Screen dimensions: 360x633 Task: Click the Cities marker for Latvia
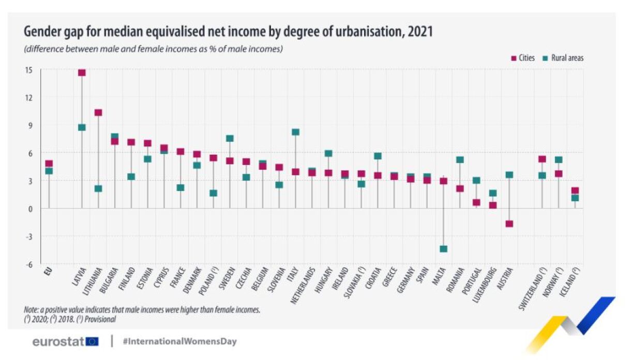(x=82, y=72)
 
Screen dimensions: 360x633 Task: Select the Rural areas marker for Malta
(x=443, y=249)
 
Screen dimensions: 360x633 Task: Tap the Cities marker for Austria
(x=509, y=224)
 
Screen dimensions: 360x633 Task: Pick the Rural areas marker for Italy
(x=295, y=132)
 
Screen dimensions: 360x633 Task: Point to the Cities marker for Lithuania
(x=98, y=113)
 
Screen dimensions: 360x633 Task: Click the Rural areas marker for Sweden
(x=230, y=138)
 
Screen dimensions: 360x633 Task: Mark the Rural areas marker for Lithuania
(x=98, y=189)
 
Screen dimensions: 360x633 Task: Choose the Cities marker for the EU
(x=49, y=164)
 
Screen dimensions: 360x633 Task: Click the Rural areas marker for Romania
(x=460, y=160)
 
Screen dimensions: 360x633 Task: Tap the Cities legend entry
(x=523, y=58)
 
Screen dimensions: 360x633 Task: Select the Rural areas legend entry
(x=563, y=58)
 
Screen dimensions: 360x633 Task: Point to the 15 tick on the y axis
(x=29, y=70)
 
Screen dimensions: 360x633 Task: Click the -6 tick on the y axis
(x=29, y=264)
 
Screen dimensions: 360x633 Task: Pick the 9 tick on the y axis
(x=29, y=125)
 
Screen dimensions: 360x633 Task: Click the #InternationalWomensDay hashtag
(x=180, y=341)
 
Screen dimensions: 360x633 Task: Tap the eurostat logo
(x=65, y=341)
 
